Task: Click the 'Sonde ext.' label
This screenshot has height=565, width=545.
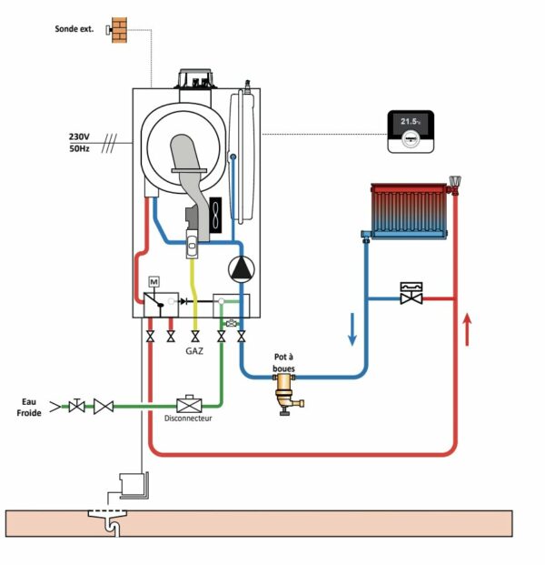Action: (x=74, y=29)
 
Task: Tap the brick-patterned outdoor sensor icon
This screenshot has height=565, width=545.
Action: (x=118, y=28)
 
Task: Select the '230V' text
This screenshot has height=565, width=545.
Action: (x=78, y=136)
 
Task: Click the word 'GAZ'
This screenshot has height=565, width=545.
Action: (x=195, y=349)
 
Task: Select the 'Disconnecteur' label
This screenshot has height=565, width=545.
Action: (x=188, y=419)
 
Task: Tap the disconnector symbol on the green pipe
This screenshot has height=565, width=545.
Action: (x=188, y=402)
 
